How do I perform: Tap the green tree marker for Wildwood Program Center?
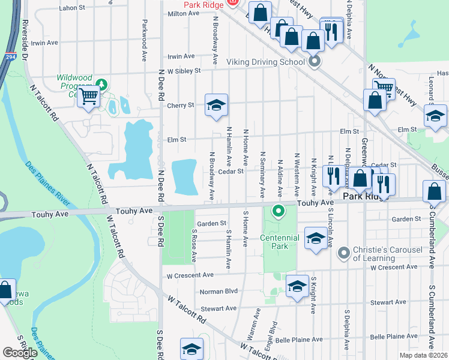[x=101, y=83]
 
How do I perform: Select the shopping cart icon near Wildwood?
[x=89, y=96]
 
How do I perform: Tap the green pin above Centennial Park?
[x=278, y=211]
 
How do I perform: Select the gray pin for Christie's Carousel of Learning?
[x=343, y=253]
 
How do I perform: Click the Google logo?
[x=20, y=353]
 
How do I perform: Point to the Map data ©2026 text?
[x=423, y=355]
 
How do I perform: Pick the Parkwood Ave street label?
[x=145, y=41]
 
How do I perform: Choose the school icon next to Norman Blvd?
[x=297, y=287]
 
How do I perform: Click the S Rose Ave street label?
[x=194, y=245]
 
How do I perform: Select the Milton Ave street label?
[x=183, y=13]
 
